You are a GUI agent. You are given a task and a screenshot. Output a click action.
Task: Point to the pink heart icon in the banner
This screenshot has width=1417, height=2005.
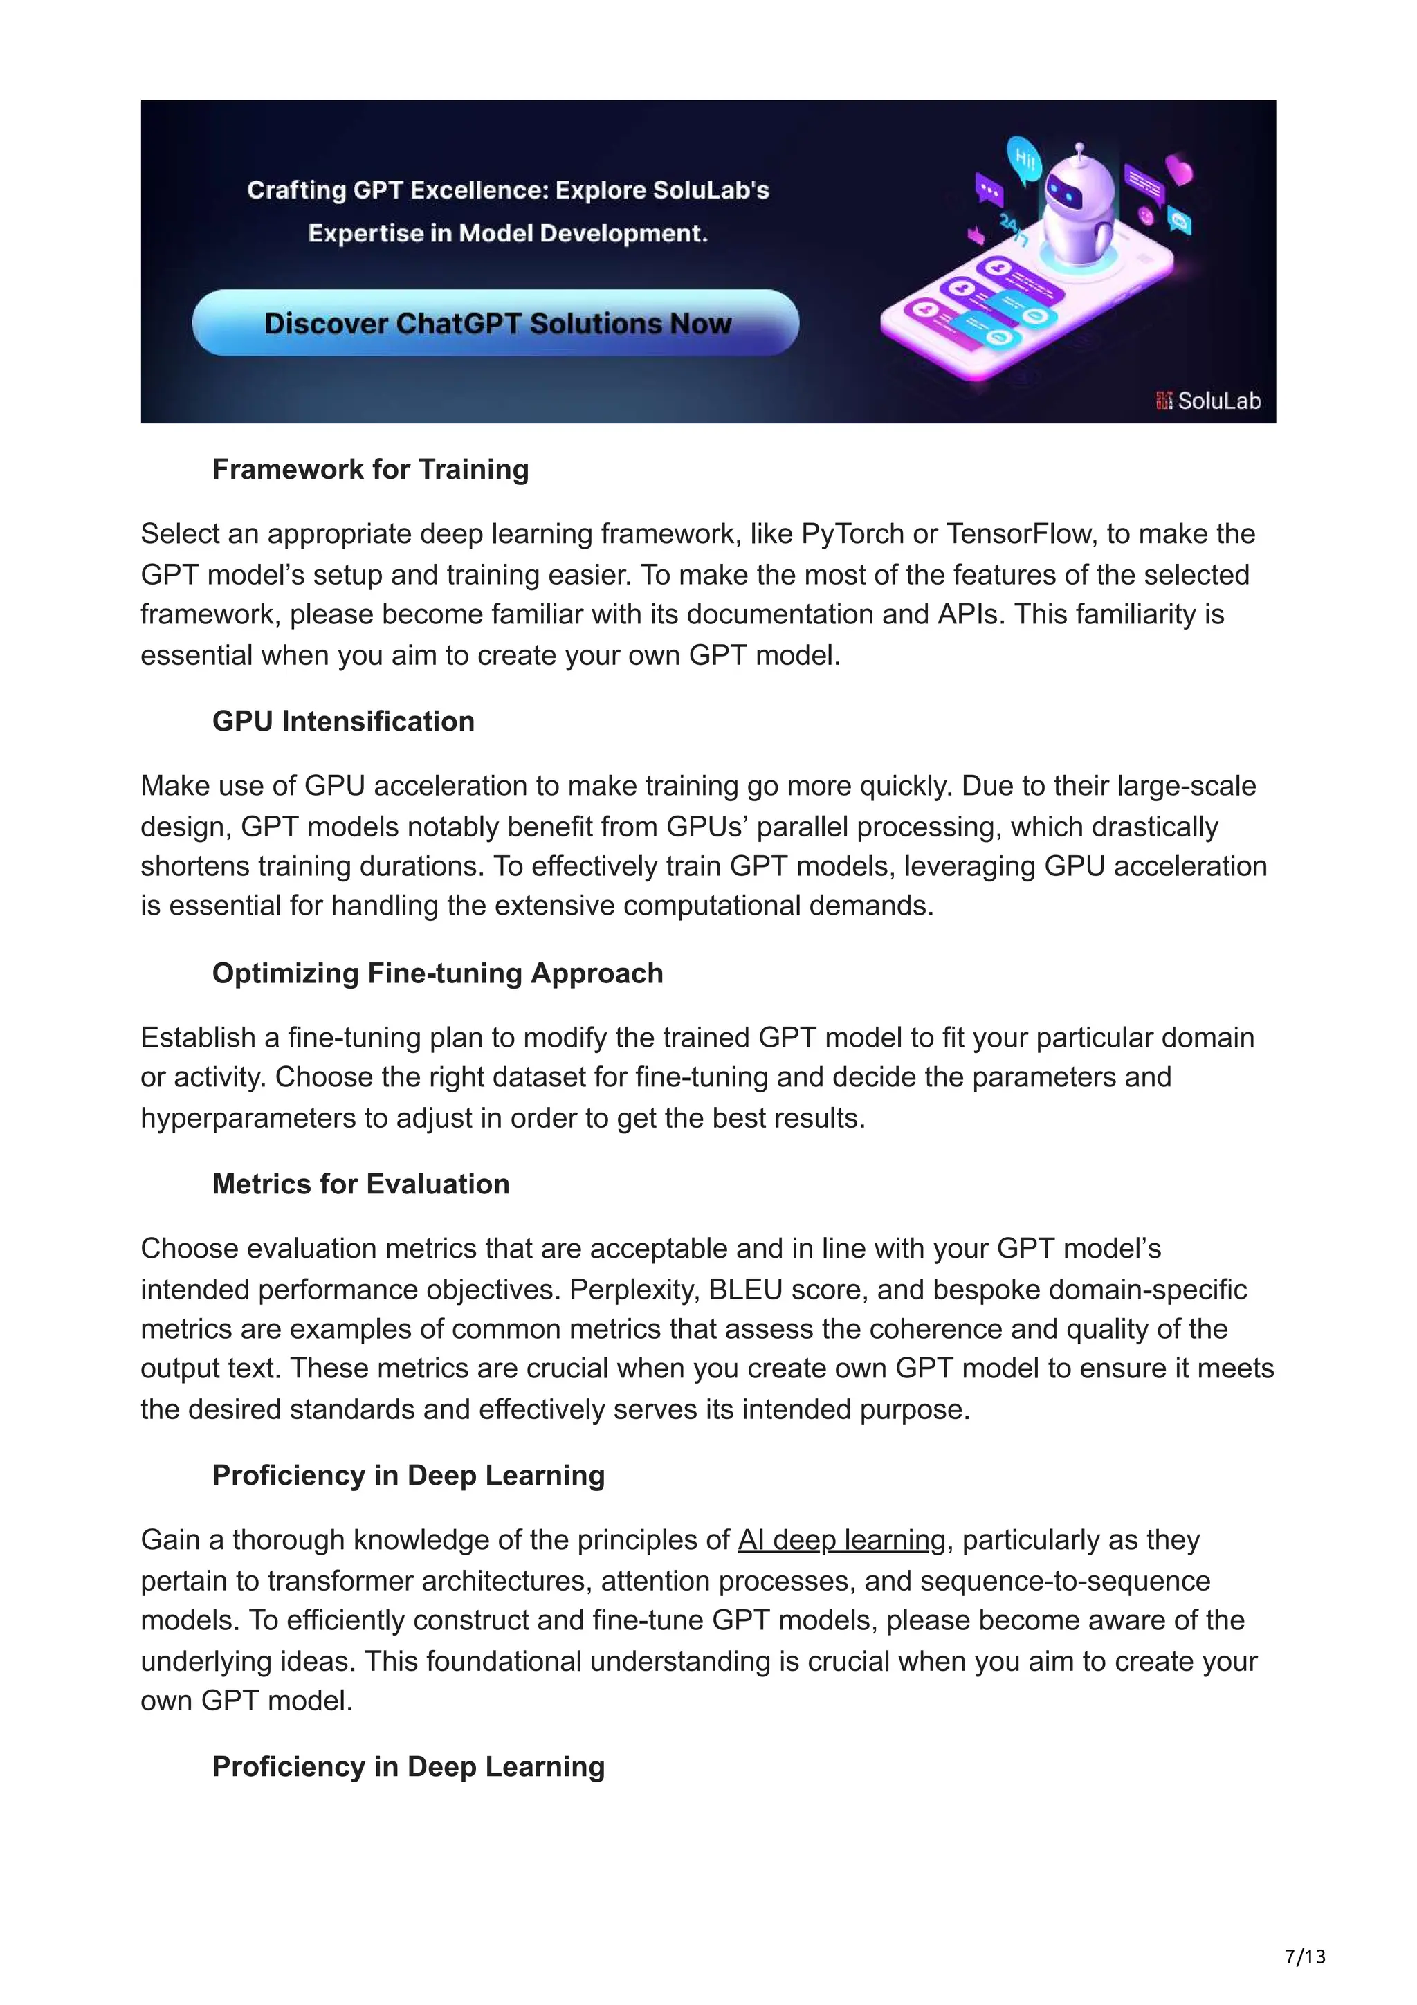tap(1179, 169)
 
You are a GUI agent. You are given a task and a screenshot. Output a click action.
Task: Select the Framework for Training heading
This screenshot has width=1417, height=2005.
tap(370, 470)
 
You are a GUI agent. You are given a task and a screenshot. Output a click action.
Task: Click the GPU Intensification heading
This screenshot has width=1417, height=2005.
tap(343, 722)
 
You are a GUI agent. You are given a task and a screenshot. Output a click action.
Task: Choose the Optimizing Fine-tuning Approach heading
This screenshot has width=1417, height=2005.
tap(437, 973)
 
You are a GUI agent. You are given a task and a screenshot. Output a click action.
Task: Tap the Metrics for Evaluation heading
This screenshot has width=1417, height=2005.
tap(360, 1184)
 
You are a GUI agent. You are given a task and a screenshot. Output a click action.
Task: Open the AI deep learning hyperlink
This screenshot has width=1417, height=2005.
tap(841, 1539)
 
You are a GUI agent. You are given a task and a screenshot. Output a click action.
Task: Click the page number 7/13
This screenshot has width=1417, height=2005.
tap(1304, 1957)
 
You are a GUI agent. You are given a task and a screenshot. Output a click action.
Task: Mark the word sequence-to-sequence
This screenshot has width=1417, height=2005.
tap(1065, 1582)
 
